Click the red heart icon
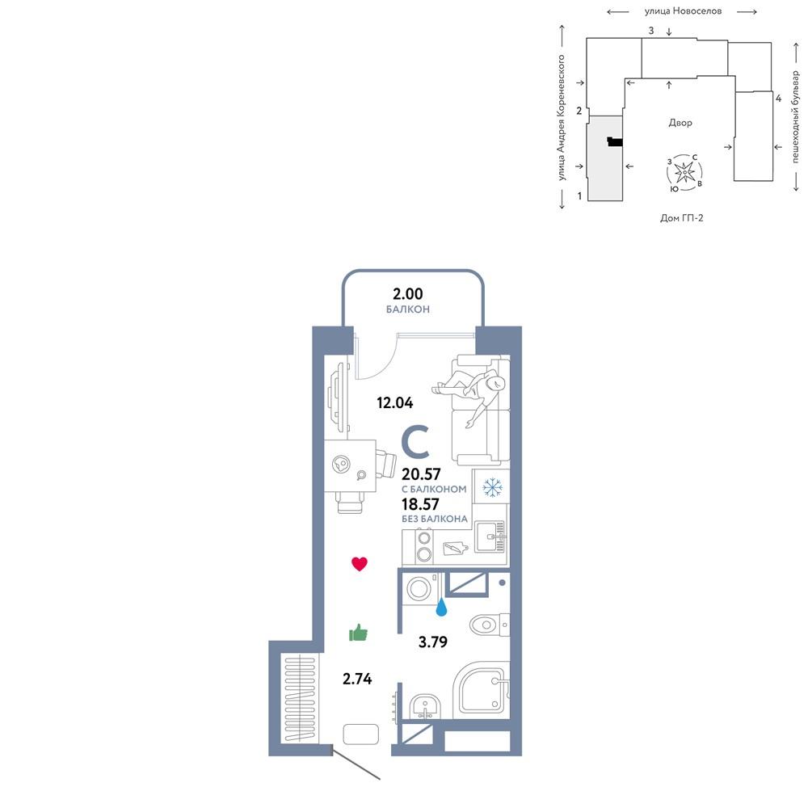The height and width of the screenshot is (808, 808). point(360,564)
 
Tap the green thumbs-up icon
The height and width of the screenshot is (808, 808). point(358,633)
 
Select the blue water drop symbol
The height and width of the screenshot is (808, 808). point(441,607)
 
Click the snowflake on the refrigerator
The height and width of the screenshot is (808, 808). point(491,487)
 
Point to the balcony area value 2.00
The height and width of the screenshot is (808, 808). point(407,294)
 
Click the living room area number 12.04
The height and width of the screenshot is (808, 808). point(395,402)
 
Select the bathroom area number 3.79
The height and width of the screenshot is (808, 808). point(433,642)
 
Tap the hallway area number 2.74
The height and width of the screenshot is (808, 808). point(357,679)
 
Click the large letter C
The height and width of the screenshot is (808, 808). point(416,442)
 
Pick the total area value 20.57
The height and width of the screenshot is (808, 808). point(421,473)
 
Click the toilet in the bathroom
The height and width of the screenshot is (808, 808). point(490,625)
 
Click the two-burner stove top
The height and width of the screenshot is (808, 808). point(424,546)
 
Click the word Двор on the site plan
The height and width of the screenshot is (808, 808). point(680,123)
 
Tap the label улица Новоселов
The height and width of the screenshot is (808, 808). point(683,11)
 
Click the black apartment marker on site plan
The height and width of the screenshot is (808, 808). point(615,141)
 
